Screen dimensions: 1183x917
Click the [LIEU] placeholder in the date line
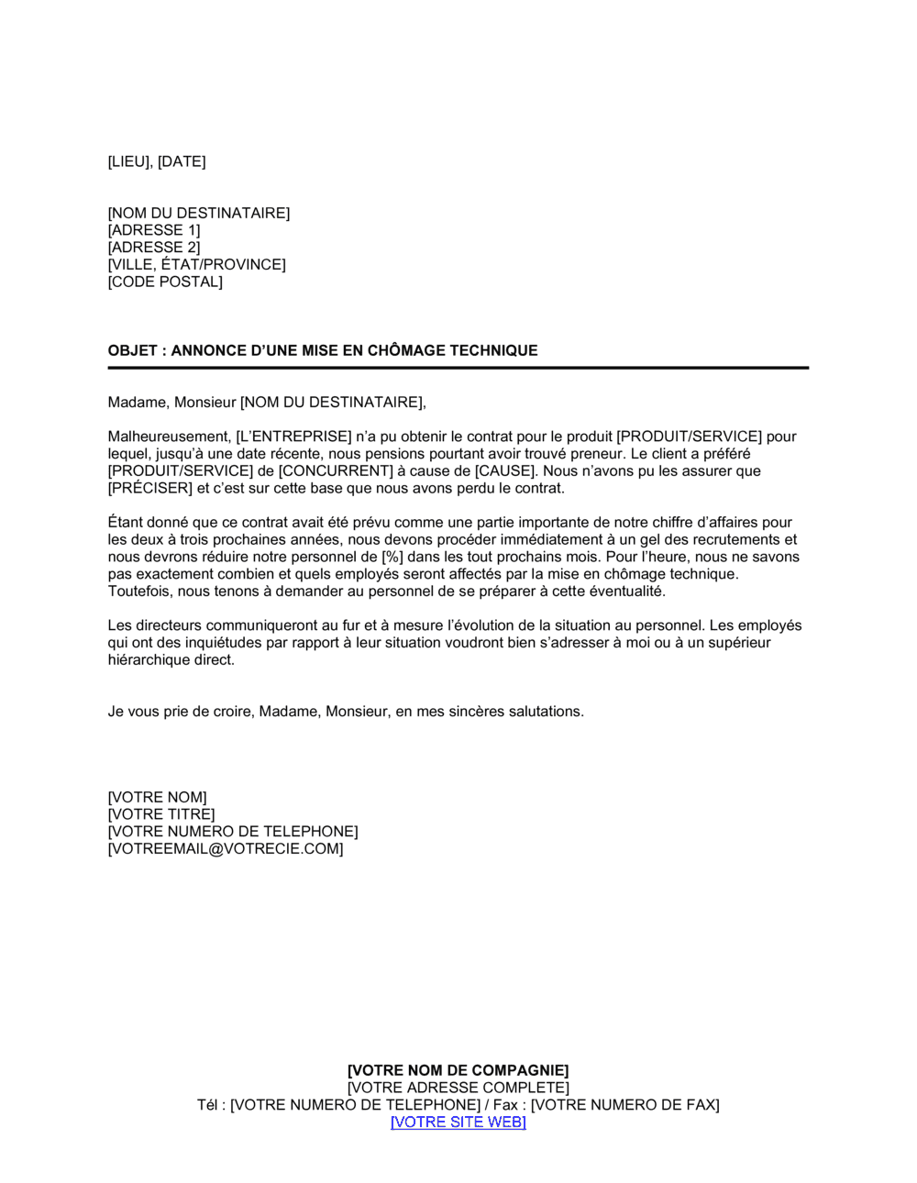click(129, 162)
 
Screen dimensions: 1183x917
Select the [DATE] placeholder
click(182, 162)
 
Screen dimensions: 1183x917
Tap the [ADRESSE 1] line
click(154, 230)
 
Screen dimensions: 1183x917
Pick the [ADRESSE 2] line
click(154, 248)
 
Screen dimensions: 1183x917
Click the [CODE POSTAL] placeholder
click(165, 282)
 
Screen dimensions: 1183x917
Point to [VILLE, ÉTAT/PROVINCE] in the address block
click(196, 265)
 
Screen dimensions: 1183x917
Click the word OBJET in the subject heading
click(132, 350)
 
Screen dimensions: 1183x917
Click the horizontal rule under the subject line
click(458, 368)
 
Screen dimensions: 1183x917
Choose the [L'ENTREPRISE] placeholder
click(294, 437)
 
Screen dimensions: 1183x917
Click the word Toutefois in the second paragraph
click(139, 591)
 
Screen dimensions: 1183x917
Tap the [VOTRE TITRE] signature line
click(161, 814)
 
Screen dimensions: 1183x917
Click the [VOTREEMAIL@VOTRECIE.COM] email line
click(226, 849)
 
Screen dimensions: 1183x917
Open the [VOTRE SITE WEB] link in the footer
click(458, 1122)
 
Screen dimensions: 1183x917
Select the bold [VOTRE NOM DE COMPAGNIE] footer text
click(458, 1070)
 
